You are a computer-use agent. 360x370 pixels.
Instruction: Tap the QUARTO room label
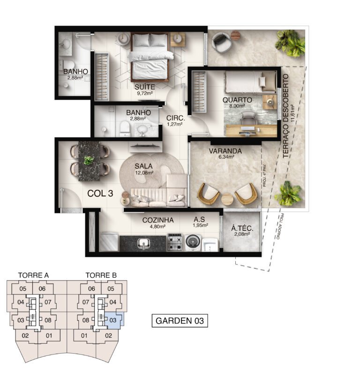point(237,100)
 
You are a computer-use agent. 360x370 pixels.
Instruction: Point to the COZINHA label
point(158,219)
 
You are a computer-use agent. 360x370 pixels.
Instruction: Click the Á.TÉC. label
point(242,229)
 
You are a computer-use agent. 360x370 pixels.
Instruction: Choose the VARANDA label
point(225,151)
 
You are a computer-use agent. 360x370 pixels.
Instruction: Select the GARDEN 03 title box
point(180,321)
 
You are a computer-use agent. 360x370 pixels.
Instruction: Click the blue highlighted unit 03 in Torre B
point(113,320)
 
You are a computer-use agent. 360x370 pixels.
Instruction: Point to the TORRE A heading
point(33,275)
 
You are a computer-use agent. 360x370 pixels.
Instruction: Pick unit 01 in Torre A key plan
point(48,335)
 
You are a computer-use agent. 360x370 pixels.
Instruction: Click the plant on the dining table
point(89,160)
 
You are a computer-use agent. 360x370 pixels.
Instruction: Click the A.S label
point(199,219)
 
